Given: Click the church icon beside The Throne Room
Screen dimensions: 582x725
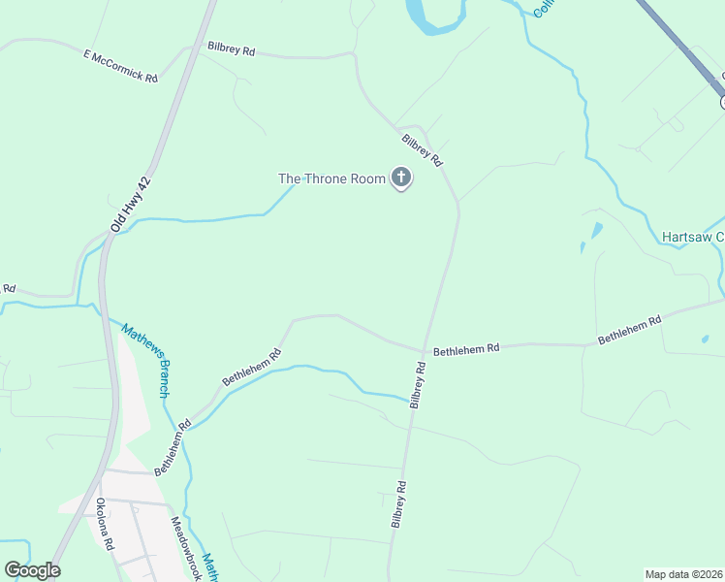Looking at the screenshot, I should click(x=400, y=178).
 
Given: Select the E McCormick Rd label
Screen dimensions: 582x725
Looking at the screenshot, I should click(x=120, y=67).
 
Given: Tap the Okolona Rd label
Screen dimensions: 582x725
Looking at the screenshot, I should click(x=105, y=523).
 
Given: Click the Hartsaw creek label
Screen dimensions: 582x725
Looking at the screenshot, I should click(x=692, y=237).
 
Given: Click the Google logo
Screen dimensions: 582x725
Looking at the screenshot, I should click(x=32, y=570).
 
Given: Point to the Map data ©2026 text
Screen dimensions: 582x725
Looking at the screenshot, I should click(x=682, y=573).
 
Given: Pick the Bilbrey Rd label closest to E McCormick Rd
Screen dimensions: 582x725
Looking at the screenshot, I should click(x=231, y=48).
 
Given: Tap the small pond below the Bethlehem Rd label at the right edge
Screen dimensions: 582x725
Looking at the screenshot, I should click(x=706, y=339).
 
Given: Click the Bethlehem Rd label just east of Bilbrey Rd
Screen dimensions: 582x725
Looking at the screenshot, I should click(x=465, y=348).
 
